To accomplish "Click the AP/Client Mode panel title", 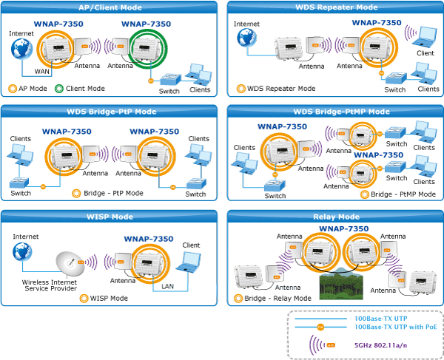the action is pyautogui.click(x=110, y=7).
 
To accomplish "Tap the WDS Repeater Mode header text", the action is pyautogui.click(x=337, y=7).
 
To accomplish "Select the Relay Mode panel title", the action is pyautogui.click(x=337, y=217).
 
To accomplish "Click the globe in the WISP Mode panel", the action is pyautogui.click(x=22, y=251).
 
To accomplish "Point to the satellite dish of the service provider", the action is pyautogui.click(x=70, y=264).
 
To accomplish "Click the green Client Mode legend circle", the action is pyautogui.click(x=59, y=89).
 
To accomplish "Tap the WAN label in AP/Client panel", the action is pyautogui.click(x=42, y=72).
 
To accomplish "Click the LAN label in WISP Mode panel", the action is pyautogui.click(x=167, y=287).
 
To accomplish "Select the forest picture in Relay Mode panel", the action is pyautogui.click(x=341, y=283).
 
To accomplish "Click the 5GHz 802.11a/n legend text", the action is pyautogui.click(x=381, y=345).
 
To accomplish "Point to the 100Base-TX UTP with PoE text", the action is pyautogui.click(x=396, y=327).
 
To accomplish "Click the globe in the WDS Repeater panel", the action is pyautogui.click(x=247, y=38).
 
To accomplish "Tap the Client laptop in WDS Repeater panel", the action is pyautogui.click(x=424, y=36).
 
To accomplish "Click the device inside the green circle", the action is pyautogui.click(x=147, y=49).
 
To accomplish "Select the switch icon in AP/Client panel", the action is pyautogui.click(x=170, y=79).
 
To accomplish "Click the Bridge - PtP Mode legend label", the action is pyautogui.click(x=113, y=193).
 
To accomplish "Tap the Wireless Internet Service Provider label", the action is pyautogui.click(x=50, y=285).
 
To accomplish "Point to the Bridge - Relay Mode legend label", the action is pyautogui.click(x=277, y=299).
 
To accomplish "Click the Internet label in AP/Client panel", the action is pyautogui.click(x=21, y=34).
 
